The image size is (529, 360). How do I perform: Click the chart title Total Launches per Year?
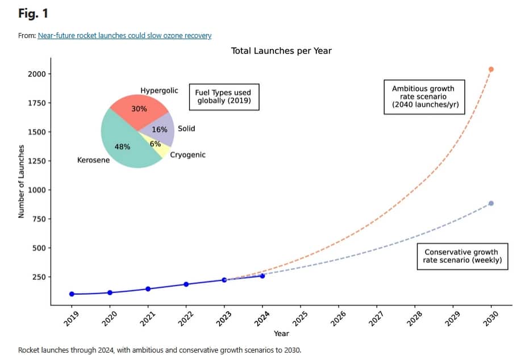tap(281, 51)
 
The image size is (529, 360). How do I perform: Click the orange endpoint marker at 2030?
tap(491, 69)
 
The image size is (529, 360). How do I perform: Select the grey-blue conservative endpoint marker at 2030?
tap(491, 203)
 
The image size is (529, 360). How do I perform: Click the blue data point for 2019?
tap(72, 294)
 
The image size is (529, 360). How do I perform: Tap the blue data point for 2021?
tap(148, 289)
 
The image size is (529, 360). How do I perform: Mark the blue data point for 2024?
tap(262, 276)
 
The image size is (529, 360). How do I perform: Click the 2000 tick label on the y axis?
tap(35, 74)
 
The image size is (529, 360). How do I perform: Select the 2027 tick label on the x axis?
tap(376, 319)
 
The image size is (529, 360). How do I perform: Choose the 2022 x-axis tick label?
tap(185, 319)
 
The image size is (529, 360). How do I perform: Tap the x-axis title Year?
tap(281, 333)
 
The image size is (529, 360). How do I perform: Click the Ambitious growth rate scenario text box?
tap(423, 97)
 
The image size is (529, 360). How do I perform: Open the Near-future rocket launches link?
tap(124, 36)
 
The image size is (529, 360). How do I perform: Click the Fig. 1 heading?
tap(32, 12)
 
